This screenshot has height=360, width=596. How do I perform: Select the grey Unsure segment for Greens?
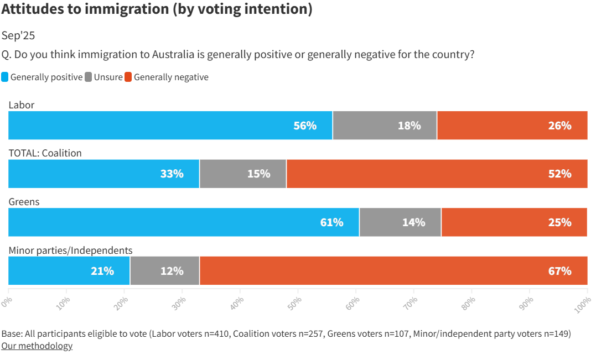point(400,222)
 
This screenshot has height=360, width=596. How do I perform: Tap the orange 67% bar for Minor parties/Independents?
point(393,271)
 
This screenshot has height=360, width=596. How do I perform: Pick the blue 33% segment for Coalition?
point(103,174)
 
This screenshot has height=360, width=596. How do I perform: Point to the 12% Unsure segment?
point(164,271)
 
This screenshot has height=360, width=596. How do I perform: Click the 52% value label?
point(559,174)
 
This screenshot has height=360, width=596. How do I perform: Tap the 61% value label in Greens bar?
point(331,222)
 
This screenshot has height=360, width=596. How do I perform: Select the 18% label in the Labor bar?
point(409,126)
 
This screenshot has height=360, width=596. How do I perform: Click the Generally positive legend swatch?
point(5,77)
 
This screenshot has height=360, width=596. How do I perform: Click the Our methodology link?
point(37,346)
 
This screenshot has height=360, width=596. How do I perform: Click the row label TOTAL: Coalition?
point(45,153)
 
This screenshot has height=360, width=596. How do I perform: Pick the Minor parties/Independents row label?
point(70,251)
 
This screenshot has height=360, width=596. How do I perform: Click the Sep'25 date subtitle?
point(18,35)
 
